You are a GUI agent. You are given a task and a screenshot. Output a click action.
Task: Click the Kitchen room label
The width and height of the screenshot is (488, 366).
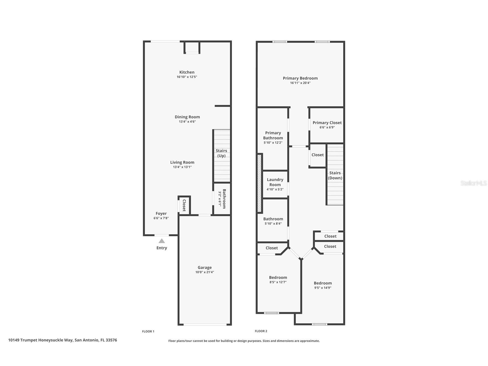(x=187, y=72)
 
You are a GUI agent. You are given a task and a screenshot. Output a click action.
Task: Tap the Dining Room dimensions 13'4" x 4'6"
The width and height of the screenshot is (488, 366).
(x=187, y=122)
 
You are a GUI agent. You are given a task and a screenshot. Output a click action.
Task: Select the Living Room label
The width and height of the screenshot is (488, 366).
(x=182, y=162)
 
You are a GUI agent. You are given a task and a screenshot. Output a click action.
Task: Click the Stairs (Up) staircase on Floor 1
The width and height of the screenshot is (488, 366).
(x=222, y=156)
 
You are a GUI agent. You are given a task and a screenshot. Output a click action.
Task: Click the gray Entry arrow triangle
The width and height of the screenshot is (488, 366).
(x=162, y=241)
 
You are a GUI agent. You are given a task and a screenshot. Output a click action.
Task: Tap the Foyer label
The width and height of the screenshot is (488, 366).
(x=161, y=213)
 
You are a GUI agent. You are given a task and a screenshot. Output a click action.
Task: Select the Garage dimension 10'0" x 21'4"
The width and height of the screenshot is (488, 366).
(x=205, y=272)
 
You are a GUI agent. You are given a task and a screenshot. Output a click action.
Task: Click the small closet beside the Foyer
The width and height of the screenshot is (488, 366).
(x=184, y=205)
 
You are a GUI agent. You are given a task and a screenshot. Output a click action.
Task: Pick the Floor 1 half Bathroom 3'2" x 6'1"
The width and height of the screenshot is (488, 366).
(x=222, y=199)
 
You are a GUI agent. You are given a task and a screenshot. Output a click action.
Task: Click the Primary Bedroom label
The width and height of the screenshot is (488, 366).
(x=300, y=78)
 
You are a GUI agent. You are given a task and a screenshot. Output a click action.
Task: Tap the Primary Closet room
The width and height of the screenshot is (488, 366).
(x=327, y=125)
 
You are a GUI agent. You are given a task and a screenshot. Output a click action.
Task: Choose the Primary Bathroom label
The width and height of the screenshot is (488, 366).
(x=273, y=135)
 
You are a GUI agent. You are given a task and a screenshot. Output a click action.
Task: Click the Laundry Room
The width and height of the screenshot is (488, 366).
(x=275, y=184)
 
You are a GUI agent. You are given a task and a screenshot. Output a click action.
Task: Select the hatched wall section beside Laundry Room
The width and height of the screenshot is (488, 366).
(x=259, y=183)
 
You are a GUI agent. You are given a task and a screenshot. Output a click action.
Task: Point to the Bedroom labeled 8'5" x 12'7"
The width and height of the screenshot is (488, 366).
(x=278, y=279)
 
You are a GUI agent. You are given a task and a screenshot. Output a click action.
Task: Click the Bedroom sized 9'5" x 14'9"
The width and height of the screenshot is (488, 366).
(x=323, y=285)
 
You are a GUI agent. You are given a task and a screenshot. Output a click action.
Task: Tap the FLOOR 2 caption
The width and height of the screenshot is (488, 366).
(x=261, y=331)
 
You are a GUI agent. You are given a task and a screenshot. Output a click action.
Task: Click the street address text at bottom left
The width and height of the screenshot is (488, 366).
(x=62, y=340)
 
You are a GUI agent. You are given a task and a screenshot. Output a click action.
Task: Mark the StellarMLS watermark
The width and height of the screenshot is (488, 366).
(x=473, y=183)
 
